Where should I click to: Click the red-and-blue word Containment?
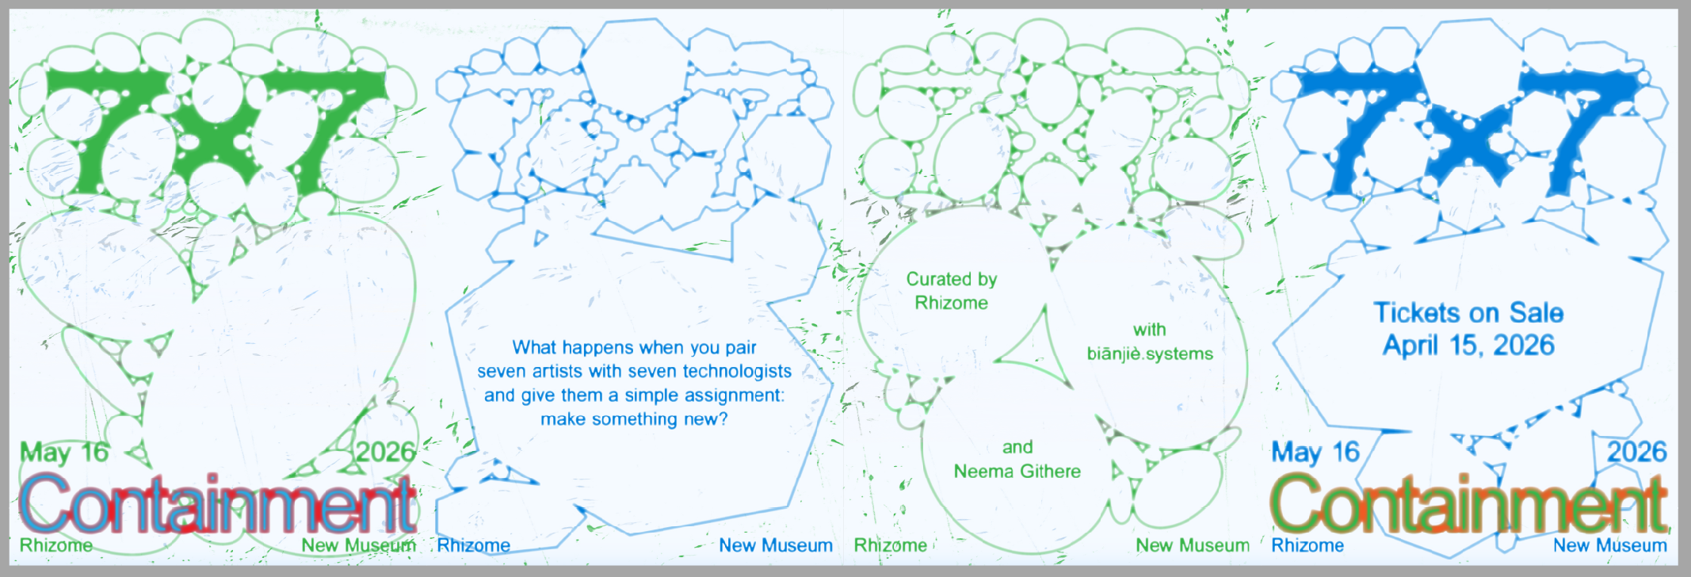pyautogui.click(x=217, y=505)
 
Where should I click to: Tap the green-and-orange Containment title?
pyautogui.click(x=1468, y=505)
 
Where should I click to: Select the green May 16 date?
pyautogui.click(x=64, y=453)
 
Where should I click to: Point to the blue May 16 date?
pyautogui.click(x=1315, y=453)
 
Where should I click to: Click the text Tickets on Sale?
pyautogui.click(x=1468, y=312)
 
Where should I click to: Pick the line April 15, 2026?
pyautogui.click(x=1468, y=346)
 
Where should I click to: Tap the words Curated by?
pyautogui.click(x=951, y=279)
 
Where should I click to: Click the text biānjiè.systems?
pyautogui.click(x=1149, y=353)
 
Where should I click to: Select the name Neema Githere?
pyautogui.click(x=1017, y=472)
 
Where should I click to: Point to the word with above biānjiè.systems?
pyautogui.click(x=1149, y=330)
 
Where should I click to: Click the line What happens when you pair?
pyautogui.click(x=634, y=347)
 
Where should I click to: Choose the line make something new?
pyautogui.click(x=634, y=418)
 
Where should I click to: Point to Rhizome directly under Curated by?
pyautogui.click(x=951, y=303)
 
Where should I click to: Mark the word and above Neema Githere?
pyautogui.click(x=1017, y=447)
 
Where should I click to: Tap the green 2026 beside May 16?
pyautogui.click(x=385, y=453)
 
